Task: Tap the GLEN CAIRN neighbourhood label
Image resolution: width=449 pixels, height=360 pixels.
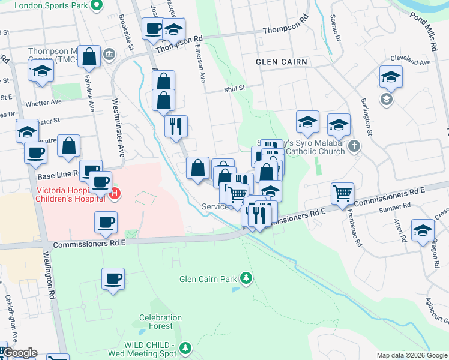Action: [282, 62]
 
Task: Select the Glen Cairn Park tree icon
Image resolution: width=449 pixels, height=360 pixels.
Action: [245, 278]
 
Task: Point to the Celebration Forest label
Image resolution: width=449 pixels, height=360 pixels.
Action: [160, 322]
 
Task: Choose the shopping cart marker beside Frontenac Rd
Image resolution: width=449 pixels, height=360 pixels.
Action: [342, 193]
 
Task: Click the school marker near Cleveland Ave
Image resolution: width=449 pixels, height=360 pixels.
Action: [390, 76]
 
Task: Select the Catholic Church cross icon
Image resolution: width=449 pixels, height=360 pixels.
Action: [354, 146]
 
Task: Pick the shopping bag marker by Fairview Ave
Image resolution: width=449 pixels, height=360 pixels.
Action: [89, 56]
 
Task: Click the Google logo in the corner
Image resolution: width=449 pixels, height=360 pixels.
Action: [19, 353]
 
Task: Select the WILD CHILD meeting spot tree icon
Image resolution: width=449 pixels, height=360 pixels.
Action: [185, 347]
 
